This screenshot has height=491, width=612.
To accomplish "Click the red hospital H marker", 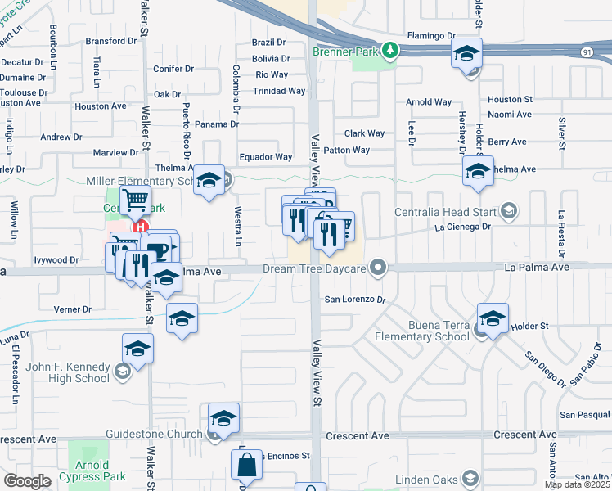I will click(x=141, y=227).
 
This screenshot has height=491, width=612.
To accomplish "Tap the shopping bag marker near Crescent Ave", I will click(x=247, y=465).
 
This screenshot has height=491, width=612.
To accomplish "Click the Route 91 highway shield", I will click(x=605, y=52).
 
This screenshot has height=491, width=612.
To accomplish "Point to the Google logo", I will click(x=27, y=481).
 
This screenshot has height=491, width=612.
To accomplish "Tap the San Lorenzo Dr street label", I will click(x=355, y=300).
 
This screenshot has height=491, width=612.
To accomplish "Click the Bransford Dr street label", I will click(x=110, y=41).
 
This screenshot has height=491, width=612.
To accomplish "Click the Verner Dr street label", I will click(x=73, y=309).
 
